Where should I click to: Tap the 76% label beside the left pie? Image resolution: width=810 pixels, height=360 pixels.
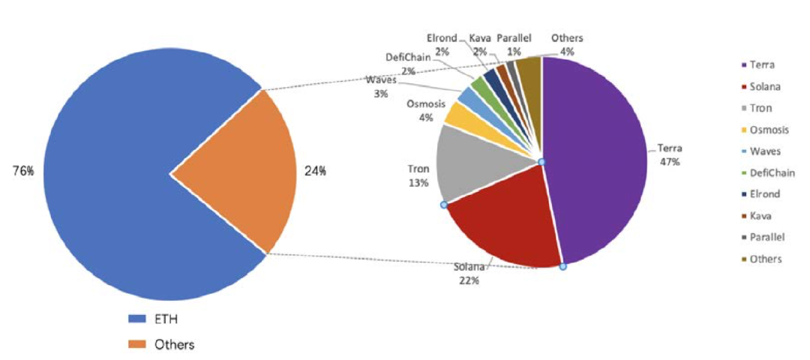pos(22,171)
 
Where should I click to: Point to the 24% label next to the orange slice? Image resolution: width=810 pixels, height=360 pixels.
pos(315,171)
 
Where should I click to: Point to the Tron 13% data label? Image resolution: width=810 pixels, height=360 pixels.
pos(418,176)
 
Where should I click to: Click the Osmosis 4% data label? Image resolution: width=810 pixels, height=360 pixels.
pos(424,111)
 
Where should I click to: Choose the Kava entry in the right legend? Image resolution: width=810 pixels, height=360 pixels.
pos(760,215)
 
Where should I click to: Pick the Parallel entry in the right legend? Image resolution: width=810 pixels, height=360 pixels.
pos(765,237)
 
